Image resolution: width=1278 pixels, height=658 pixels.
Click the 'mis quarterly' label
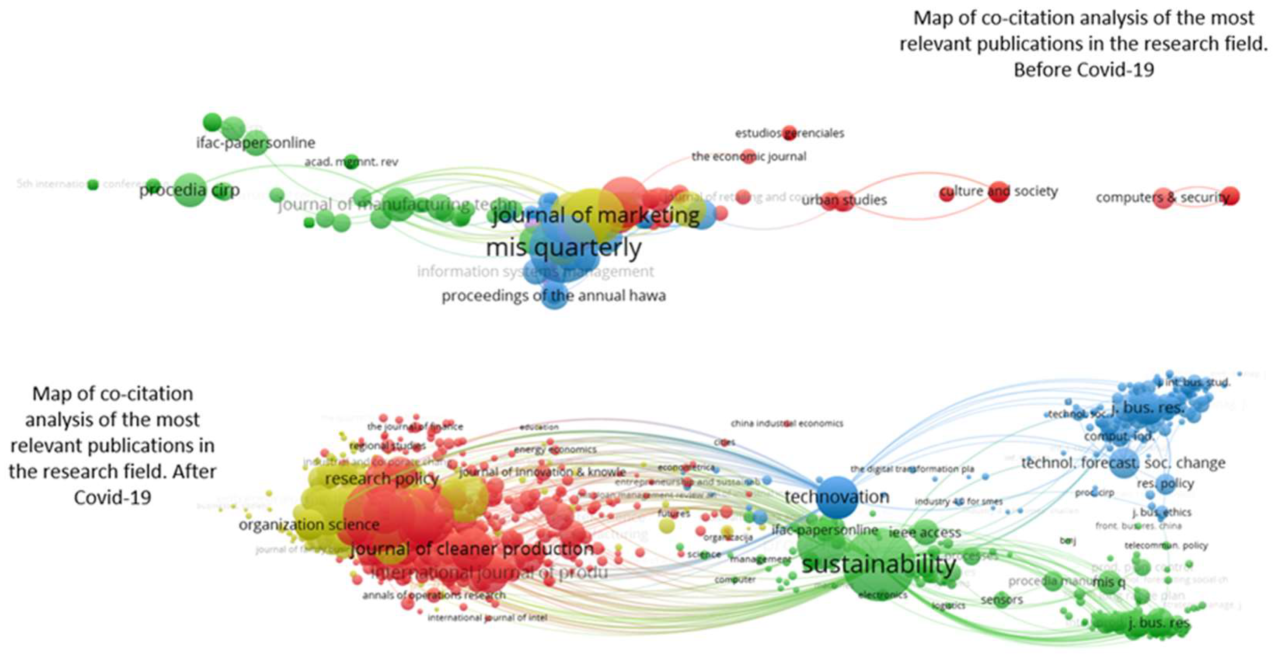coord(564,247)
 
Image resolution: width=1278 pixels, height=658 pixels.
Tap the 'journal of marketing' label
coord(595,215)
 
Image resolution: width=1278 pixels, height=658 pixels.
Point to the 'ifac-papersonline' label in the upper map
coord(256,143)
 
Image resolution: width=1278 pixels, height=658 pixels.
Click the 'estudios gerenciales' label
coord(789,133)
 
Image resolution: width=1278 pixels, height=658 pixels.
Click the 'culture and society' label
coord(999,191)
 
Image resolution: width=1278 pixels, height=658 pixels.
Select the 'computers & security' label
coord(1162,197)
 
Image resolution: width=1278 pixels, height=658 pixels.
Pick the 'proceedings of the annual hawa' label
coord(553,296)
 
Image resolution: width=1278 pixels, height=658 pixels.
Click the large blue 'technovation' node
coord(836,498)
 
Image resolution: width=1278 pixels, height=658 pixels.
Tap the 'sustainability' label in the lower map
coord(879,565)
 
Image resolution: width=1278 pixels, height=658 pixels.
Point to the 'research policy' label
coord(382,479)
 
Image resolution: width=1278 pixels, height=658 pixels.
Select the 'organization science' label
coord(309,524)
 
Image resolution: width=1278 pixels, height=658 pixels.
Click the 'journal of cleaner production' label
coord(472,549)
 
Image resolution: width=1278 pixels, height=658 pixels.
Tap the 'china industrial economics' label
coord(786,423)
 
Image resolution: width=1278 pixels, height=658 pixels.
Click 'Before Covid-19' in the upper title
coord(1083,70)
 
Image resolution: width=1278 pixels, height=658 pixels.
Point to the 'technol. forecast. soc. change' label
coord(1123,463)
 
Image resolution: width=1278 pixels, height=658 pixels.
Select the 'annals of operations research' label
coord(434,595)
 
